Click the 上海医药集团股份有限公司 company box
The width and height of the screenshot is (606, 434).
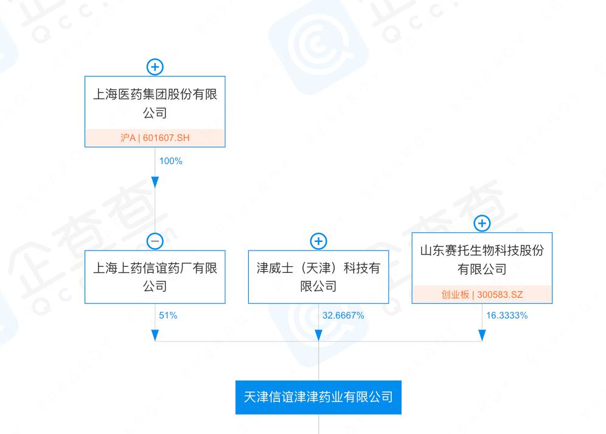click(155, 112)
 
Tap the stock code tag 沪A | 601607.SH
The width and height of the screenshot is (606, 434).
click(155, 138)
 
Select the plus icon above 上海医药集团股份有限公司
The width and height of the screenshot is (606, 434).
click(155, 67)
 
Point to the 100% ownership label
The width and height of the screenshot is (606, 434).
click(171, 161)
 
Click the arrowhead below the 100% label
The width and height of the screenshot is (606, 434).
click(155, 182)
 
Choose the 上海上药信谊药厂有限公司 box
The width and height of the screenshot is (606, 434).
click(155, 277)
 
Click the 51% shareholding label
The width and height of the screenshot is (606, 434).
click(168, 315)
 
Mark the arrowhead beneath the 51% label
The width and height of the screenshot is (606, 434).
click(155, 336)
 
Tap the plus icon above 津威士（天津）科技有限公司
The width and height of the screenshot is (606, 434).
click(318, 241)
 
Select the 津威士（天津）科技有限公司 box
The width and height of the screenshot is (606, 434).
click(318, 277)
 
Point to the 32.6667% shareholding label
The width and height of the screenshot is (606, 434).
click(343, 315)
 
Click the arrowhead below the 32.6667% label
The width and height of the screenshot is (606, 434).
click(318, 336)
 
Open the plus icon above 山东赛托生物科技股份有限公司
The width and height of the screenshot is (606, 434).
click(482, 223)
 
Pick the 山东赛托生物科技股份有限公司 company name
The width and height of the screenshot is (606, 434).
click(482, 260)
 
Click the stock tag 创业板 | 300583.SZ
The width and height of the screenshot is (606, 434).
click(482, 295)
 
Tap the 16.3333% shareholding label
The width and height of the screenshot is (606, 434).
click(507, 315)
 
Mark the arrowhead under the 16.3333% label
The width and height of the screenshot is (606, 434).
click(482, 336)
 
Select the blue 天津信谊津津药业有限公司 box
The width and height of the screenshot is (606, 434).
click(318, 398)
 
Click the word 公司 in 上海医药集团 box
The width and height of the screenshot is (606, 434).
click(155, 113)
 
